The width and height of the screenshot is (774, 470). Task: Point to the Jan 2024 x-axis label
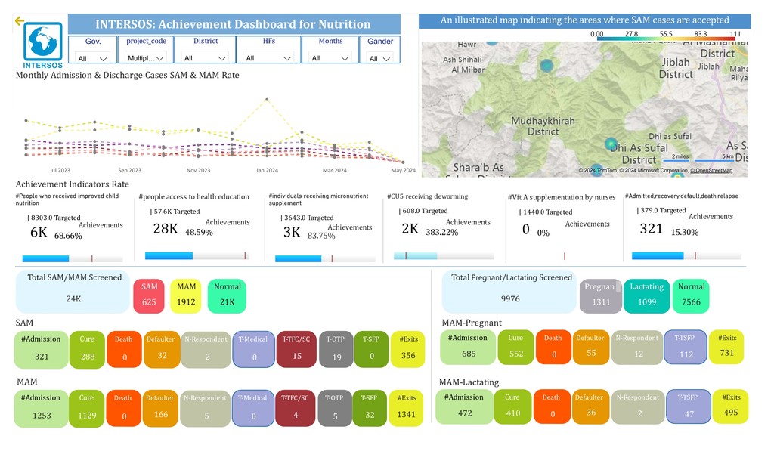click(267, 171)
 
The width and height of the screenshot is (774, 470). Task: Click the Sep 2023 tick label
click(129, 171)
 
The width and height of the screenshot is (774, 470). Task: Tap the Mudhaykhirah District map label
click(543, 126)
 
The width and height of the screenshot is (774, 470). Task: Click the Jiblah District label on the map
click(676, 68)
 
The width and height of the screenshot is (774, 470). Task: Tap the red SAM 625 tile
click(150, 295)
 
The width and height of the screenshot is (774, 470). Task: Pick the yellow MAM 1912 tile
click(186, 295)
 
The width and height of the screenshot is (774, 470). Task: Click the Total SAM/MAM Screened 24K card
click(74, 292)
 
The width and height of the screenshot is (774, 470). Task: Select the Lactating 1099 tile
click(646, 295)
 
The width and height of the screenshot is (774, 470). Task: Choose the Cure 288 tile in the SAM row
click(87, 348)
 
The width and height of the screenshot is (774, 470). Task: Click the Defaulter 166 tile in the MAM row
click(159, 407)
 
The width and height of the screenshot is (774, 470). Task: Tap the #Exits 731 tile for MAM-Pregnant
click(727, 346)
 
